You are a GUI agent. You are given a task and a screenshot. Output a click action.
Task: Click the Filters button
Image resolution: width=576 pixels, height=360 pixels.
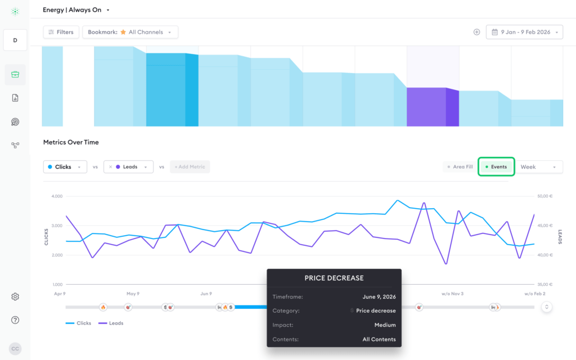61,32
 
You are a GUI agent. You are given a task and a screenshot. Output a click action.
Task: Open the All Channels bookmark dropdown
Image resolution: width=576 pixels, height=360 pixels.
130,32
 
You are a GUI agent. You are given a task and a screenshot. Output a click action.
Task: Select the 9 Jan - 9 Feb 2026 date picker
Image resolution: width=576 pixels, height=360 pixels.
524,32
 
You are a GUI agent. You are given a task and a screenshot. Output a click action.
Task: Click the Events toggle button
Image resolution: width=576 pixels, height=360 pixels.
496,166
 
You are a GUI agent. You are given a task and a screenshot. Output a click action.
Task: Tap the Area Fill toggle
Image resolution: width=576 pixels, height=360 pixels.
460,166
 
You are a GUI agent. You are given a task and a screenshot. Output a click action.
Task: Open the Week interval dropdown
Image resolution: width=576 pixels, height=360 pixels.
538,166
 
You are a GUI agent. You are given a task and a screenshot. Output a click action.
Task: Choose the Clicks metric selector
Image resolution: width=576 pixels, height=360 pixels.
65,166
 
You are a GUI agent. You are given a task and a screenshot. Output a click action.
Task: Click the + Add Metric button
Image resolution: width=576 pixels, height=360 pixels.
190,166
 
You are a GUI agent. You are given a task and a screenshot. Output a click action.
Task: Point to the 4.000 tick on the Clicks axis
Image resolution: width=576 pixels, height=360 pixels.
57,196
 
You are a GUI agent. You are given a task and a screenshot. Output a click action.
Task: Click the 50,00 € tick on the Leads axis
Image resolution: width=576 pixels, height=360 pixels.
544,196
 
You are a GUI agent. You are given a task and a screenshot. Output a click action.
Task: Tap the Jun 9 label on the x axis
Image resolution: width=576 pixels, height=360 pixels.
206,294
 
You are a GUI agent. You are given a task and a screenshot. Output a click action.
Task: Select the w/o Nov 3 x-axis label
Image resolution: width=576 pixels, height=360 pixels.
452,294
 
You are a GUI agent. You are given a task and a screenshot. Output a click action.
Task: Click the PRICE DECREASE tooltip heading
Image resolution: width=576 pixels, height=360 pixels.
334,278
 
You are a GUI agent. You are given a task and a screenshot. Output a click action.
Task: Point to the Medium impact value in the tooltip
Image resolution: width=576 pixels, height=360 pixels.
385,325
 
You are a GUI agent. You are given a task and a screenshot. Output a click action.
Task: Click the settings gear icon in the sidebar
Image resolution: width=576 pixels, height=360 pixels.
15,296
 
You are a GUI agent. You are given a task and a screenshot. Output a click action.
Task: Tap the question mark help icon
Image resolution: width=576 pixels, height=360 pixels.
15,320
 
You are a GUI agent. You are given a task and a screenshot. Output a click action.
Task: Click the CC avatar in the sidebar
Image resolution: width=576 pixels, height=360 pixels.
15,349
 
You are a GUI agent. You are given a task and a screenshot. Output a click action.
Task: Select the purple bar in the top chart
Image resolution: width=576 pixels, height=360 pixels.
433,107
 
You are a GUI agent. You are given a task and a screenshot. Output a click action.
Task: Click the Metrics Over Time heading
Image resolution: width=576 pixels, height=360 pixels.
71,142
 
